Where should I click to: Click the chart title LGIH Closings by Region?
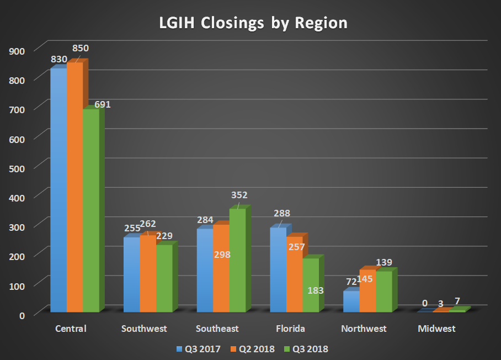pyautogui.click(x=250, y=23)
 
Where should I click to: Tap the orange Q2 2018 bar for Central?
pyautogui.click(x=75, y=188)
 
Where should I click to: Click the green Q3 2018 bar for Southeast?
pyautogui.click(x=237, y=260)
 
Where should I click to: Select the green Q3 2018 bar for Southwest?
pyautogui.click(x=164, y=278)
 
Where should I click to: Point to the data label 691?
pyautogui.click(x=103, y=104)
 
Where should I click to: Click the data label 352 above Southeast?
pyautogui.click(x=239, y=195)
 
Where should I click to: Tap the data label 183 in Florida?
pyautogui.click(x=315, y=290)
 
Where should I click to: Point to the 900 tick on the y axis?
pyautogui.click(x=18, y=51)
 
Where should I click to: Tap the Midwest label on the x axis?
pyautogui.click(x=437, y=329)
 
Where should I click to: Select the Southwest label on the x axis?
pyautogui.click(x=144, y=329)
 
